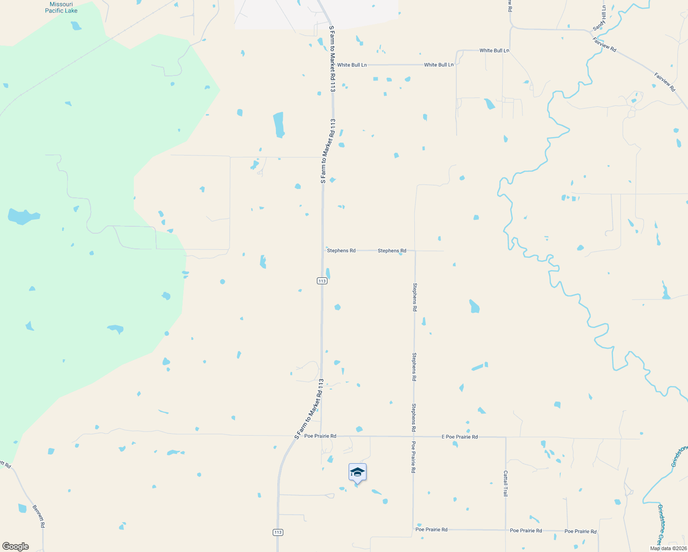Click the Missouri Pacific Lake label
(x=61, y=7)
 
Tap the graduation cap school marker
(x=357, y=472)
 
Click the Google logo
(x=16, y=546)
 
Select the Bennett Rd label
(x=39, y=516)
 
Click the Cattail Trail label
(x=505, y=483)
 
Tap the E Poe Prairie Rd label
(x=459, y=437)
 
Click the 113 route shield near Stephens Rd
(x=322, y=281)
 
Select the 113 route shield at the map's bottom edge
(x=277, y=532)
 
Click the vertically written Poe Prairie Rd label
(x=413, y=457)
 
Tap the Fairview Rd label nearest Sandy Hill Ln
(x=604, y=45)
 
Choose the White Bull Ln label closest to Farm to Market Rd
(x=352, y=65)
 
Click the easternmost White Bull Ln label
(x=494, y=51)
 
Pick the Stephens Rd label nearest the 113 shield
(x=341, y=251)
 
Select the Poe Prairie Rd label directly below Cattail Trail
(x=526, y=531)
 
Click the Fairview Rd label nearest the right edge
(x=665, y=82)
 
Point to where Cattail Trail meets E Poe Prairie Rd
(x=506, y=437)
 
